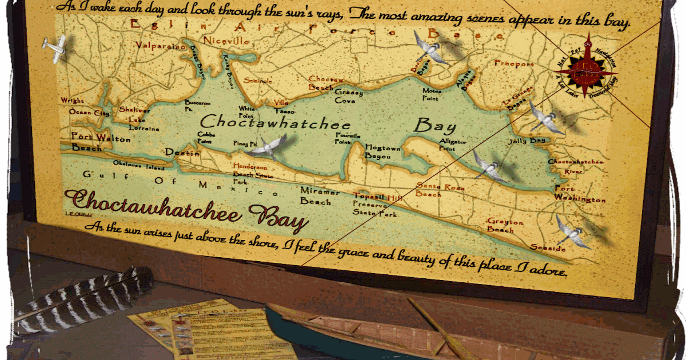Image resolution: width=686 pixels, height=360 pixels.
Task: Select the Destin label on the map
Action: point(182,153)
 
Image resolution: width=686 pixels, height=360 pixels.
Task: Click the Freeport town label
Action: point(514,64)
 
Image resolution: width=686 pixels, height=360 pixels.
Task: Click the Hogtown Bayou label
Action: point(383,151)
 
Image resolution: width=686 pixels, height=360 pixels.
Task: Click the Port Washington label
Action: point(579,194)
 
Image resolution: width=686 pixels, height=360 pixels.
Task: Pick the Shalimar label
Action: point(135,110)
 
